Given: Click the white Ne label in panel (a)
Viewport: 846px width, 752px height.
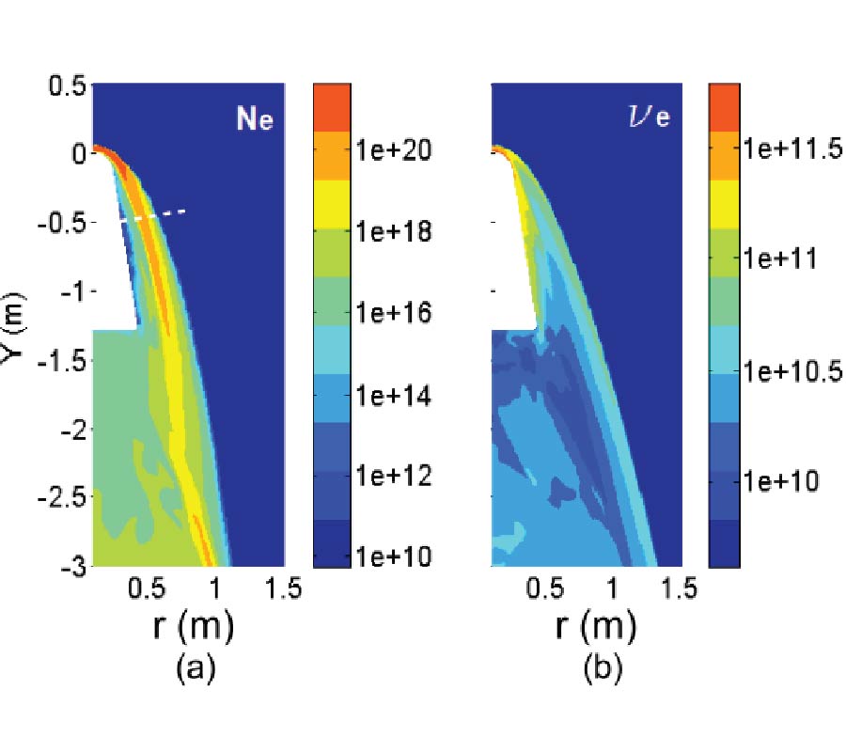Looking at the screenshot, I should click(x=254, y=119).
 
